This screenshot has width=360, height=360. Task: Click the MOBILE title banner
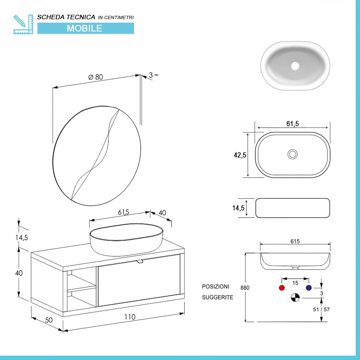pyautogui.click(x=85, y=28)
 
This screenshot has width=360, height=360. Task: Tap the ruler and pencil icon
pyautogui.click(x=23, y=24)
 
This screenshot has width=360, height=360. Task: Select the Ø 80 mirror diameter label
pyautogui.click(x=95, y=77)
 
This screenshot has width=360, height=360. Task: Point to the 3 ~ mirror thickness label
pyautogui.click(x=153, y=75)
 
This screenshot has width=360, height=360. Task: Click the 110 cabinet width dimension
pyautogui.click(x=130, y=317)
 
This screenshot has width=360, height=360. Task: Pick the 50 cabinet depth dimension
pyautogui.click(x=49, y=320)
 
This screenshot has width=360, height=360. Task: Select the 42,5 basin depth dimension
pyautogui.click(x=240, y=155)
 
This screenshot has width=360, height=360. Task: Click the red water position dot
pyautogui.click(x=282, y=288)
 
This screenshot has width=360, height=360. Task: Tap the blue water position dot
pyautogui.click(x=309, y=288)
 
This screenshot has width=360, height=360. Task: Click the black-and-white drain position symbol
pyautogui.click(x=295, y=298)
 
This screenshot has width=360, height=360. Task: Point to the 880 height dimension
pyautogui.click(x=245, y=288)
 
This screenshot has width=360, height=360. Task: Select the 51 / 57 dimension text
pyautogui.click(x=321, y=309)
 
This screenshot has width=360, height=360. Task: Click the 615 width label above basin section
pyautogui.click(x=295, y=241)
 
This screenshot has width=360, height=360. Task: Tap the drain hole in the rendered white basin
pyautogui.click(x=295, y=66)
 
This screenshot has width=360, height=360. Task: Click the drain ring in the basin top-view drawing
pyautogui.click(x=292, y=154)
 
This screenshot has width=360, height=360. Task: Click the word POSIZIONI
pyautogui.click(x=215, y=287)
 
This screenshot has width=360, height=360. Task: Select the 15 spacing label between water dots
pyautogui.click(x=295, y=283)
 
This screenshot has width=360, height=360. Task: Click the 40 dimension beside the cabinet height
pyautogui.click(x=19, y=273)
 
